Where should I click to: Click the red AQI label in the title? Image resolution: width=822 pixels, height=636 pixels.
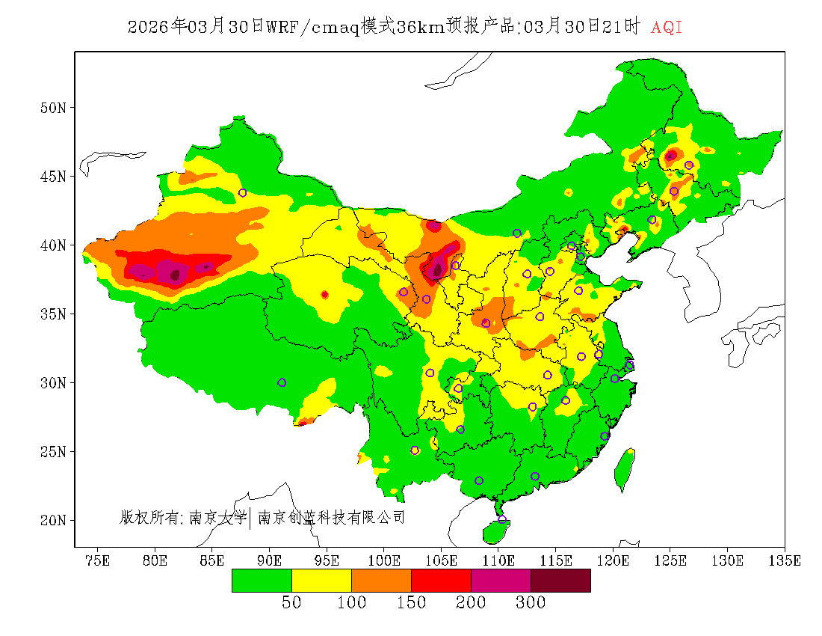[x=667, y=28]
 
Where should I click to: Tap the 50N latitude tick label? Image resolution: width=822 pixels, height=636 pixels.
[x=53, y=108]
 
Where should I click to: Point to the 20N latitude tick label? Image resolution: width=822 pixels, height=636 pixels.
[x=53, y=520]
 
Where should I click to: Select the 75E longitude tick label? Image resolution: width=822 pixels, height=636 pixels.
[x=98, y=560]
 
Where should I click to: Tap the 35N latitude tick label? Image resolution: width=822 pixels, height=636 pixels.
[x=53, y=314]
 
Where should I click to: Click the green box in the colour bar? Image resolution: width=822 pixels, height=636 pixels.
[x=262, y=580]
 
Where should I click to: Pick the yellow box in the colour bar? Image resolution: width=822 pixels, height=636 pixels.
[x=321, y=580]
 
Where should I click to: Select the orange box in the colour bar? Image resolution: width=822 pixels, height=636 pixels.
[x=381, y=580]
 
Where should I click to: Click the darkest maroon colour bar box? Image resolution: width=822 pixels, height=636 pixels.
[x=560, y=580]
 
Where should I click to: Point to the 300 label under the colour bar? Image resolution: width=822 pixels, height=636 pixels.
[x=531, y=603]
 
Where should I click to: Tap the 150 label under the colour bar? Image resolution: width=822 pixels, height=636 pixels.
[x=411, y=603]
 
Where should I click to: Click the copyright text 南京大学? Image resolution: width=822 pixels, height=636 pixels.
[x=217, y=517]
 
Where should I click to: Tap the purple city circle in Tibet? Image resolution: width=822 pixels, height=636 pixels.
[x=282, y=382]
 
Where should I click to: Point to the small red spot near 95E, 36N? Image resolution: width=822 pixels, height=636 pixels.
[x=324, y=295]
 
